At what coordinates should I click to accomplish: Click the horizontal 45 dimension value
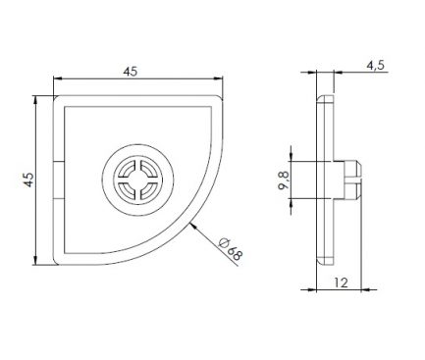(131, 72)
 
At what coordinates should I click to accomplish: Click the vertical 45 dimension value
(29, 180)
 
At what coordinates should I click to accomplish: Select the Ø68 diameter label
(231, 249)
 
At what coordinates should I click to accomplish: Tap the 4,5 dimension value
(375, 66)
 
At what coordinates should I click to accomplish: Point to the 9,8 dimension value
(284, 180)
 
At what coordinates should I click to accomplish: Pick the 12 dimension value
(341, 283)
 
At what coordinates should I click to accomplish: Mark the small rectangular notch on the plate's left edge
(59, 180)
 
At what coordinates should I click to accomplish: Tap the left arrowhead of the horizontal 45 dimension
(58, 78)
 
